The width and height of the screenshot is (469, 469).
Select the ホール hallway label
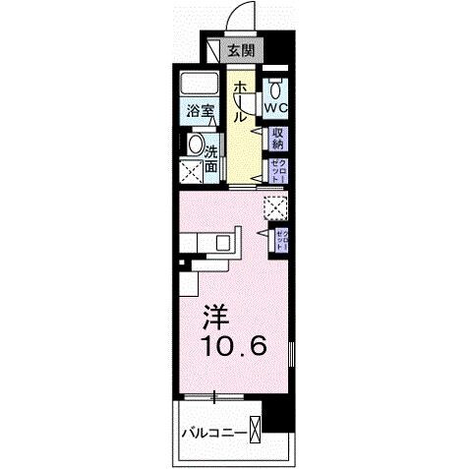[239, 101]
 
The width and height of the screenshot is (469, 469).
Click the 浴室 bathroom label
[200, 111]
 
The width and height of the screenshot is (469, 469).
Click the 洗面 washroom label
[212, 156]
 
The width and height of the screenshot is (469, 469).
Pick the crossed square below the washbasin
[190, 174]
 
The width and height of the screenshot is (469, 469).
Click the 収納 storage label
[278, 137]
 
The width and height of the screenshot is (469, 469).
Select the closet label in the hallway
[278, 168]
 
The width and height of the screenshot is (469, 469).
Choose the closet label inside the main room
[280, 238]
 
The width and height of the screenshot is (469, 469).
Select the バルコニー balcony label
[211, 431]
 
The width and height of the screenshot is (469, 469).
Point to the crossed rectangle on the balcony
[257, 429]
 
